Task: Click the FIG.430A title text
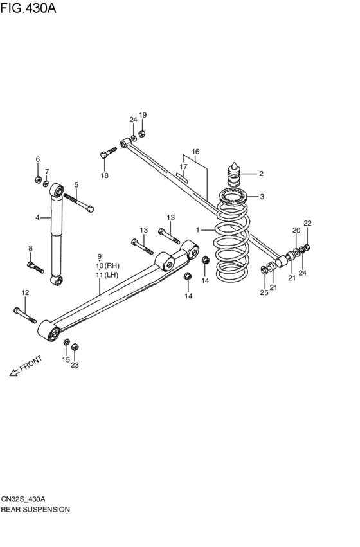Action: point(28,8)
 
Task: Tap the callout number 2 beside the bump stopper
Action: point(261,174)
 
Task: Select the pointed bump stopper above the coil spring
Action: point(235,175)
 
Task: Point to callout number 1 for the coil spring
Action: point(198,230)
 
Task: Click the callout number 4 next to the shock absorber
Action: point(37,218)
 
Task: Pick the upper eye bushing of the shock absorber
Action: point(57,190)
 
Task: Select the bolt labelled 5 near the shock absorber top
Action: point(78,203)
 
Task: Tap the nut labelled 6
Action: point(38,179)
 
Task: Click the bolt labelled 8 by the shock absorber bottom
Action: point(35,267)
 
